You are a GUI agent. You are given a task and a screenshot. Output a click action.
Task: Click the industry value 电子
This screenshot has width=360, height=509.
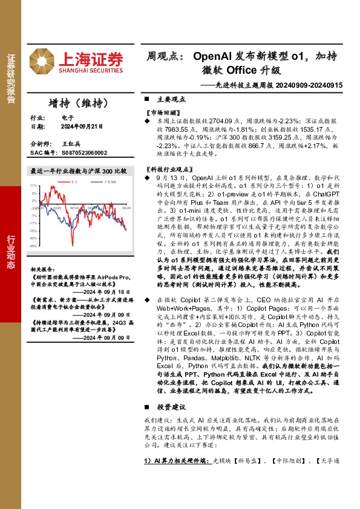67,118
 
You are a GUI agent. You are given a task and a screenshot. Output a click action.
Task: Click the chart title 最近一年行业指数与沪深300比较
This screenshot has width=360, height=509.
79,171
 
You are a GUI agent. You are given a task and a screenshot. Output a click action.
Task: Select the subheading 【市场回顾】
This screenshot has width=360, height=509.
161,112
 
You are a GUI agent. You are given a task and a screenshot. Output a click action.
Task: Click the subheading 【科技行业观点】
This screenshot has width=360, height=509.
166,169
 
